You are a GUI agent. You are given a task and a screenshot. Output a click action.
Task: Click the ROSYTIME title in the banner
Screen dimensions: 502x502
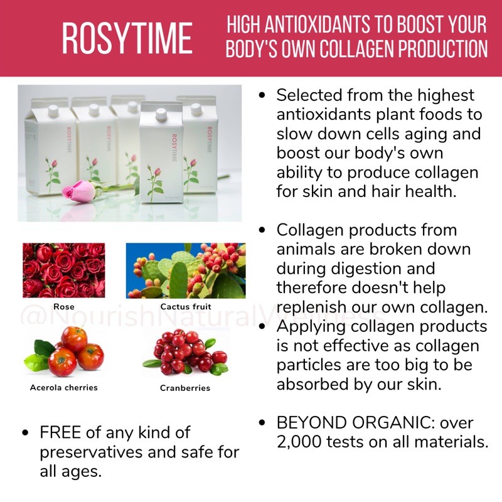[127, 38]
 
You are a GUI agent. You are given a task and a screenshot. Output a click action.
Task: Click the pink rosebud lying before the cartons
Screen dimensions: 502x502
[79, 191]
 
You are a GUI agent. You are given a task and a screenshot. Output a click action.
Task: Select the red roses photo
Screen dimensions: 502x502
[64, 270]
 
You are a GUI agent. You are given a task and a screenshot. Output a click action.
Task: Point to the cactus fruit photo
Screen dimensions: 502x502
[186, 270]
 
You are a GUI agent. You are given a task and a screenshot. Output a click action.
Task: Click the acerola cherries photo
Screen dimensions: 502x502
[64, 351]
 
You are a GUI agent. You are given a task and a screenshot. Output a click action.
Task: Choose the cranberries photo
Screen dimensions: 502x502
[186, 351]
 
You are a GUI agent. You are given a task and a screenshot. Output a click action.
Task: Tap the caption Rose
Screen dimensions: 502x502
[64, 307]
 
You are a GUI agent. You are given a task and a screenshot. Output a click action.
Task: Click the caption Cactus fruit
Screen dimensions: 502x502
[186, 307]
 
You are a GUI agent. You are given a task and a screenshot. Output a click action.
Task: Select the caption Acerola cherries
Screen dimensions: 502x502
[64, 388]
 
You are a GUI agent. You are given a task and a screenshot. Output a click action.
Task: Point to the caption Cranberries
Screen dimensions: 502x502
[185, 388]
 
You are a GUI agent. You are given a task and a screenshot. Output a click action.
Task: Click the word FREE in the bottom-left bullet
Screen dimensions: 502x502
[60, 432]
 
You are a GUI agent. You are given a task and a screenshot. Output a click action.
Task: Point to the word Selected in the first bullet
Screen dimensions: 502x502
[309, 95]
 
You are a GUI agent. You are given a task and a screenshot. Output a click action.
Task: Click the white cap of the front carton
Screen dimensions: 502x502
[161, 114]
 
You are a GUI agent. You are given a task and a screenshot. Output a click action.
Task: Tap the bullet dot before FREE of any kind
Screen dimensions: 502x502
[25, 433]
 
